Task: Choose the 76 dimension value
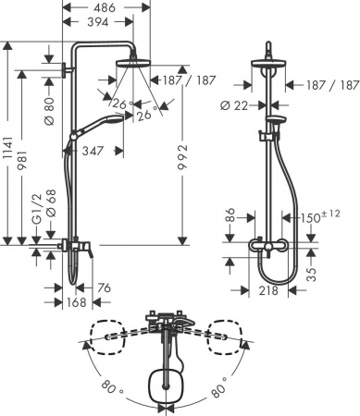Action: tap(104, 288)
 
